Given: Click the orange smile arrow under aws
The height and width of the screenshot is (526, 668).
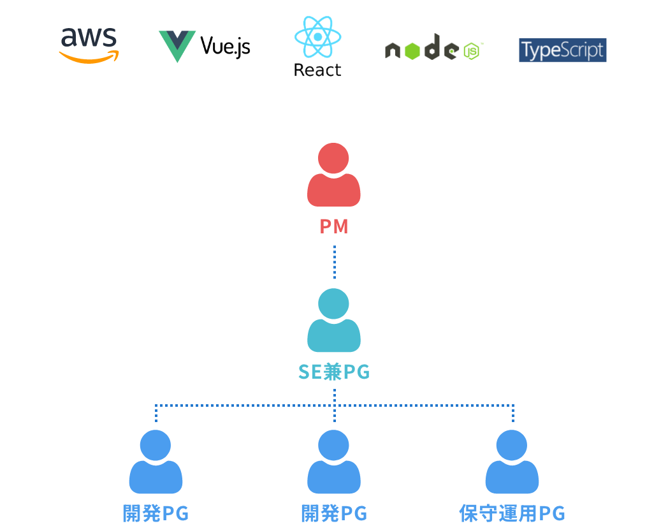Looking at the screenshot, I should click(89, 58).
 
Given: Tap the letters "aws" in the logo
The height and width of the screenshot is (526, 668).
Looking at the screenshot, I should click(89, 38).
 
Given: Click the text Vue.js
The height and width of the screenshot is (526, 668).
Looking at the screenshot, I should click(225, 46).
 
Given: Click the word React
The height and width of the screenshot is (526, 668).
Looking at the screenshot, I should click(317, 70).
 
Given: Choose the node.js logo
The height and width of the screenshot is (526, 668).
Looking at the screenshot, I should click(433, 48).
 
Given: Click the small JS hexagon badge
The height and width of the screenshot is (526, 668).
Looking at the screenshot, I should click(472, 51).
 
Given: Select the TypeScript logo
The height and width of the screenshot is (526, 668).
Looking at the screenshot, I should click(562, 50).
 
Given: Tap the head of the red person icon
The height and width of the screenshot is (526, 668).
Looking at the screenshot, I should click(334, 158).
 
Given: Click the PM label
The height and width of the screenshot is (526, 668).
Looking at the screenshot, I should click(334, 226).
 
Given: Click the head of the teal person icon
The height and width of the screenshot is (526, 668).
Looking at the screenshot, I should click(334, 303).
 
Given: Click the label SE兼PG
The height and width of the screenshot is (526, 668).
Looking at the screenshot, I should click(334, 372).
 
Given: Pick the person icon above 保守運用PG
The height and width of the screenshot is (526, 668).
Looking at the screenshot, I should click(512, 462).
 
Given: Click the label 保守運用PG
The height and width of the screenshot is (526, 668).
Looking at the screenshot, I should click(512, 514).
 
